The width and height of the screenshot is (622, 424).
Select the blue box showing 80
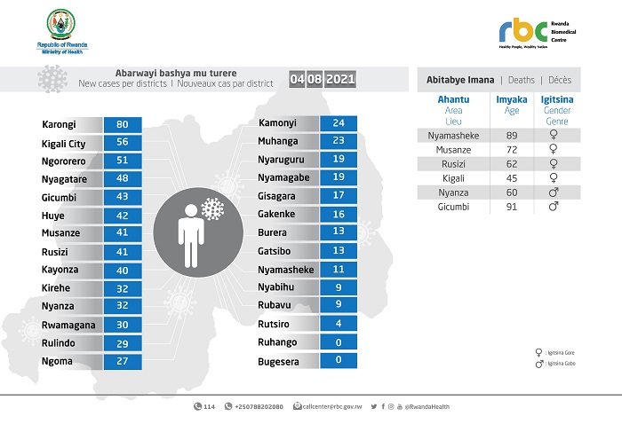122,125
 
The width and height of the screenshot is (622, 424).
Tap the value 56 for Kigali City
122,142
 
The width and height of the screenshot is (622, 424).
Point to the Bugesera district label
280,362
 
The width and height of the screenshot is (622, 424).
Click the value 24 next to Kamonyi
338,123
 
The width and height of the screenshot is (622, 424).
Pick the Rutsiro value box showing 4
338,323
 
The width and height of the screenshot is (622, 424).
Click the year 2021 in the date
340,80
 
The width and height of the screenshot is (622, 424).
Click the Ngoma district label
57,361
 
